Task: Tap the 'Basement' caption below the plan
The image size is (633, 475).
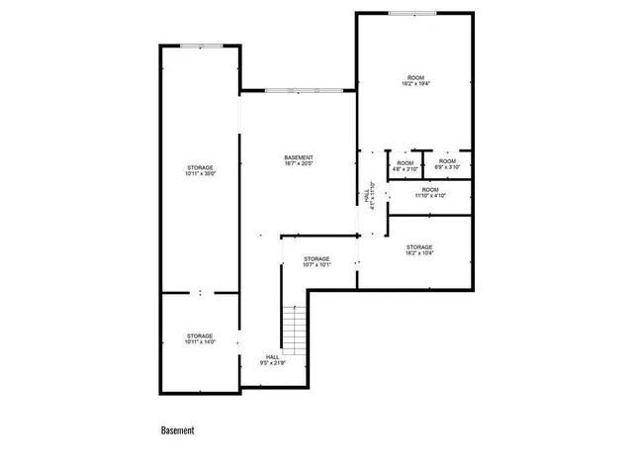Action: coord(178,430)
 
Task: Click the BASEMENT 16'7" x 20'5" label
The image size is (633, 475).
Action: coord(299,161)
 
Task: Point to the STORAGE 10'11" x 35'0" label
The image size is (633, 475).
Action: coord(200,171)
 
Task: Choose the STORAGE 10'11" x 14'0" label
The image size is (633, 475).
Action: coord(200,339)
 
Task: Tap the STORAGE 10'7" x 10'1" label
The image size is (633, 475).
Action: coord(316,262)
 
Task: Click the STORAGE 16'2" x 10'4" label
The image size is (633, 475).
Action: coord(419,250)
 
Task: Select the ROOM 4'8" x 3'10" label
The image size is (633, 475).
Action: coord(405,165)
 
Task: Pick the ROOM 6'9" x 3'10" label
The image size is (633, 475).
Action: coord(447,164)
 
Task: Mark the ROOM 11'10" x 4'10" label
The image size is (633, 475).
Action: coord(430,192)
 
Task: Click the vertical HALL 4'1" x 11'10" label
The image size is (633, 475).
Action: coord(369,194)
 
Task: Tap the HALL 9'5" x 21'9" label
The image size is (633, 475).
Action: coord(272,359)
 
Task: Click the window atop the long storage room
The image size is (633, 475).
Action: coord(200,46)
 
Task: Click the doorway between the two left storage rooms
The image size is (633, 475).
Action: coord(200,293)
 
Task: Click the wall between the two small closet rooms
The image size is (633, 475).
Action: coord(424,163)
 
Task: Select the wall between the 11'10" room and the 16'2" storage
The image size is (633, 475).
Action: coord(429,214)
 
